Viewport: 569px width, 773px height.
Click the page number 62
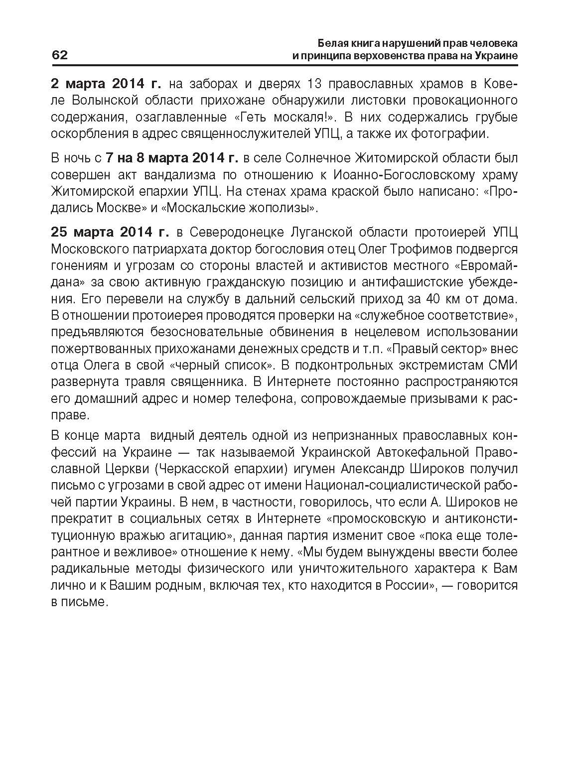pyautogui.click(x=60, y=55)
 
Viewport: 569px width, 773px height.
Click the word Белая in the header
pyautogui.click(x=332, y=42)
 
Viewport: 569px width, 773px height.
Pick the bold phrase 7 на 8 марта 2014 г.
pyautogui.click(x=172, y=158)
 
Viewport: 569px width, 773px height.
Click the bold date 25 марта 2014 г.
pyautogui.click(x=110, y=232)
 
